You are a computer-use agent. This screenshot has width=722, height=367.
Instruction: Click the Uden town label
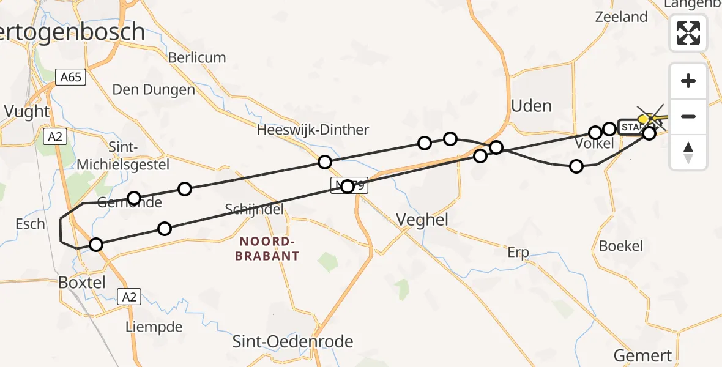click(531, 106)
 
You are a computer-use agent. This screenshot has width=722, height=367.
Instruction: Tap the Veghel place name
click(422, 220)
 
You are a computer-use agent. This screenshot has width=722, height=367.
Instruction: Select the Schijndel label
click(255, 209)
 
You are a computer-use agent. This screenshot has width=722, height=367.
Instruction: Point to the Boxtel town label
click(81, 283)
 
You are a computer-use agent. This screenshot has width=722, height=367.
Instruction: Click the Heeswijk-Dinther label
click(313, 130)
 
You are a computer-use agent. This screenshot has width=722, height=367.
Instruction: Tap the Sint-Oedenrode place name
click(292, 341)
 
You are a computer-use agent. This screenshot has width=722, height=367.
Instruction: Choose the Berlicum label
click(197, 57)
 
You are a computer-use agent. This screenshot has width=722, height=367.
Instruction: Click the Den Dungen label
click(154, 90)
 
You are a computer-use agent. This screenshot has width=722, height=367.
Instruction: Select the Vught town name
click(26, 111)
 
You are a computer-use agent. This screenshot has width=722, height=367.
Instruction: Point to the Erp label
click(518, 252)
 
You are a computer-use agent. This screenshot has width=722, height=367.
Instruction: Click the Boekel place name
click(621, 246)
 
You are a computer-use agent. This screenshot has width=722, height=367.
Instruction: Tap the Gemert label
click(642, 355)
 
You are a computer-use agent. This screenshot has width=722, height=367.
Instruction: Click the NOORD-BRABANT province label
click(267, 248)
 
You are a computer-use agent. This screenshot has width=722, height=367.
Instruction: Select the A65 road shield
click(71, 78)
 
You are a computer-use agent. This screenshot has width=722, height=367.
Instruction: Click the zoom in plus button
click(688, 81)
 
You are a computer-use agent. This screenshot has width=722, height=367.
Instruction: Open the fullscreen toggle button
click(688, 32)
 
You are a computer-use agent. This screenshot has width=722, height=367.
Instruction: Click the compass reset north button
click(688, 152)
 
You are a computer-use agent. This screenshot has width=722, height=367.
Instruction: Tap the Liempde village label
click(154, 327)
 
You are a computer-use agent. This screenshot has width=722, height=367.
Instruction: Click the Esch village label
click(30, 224)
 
